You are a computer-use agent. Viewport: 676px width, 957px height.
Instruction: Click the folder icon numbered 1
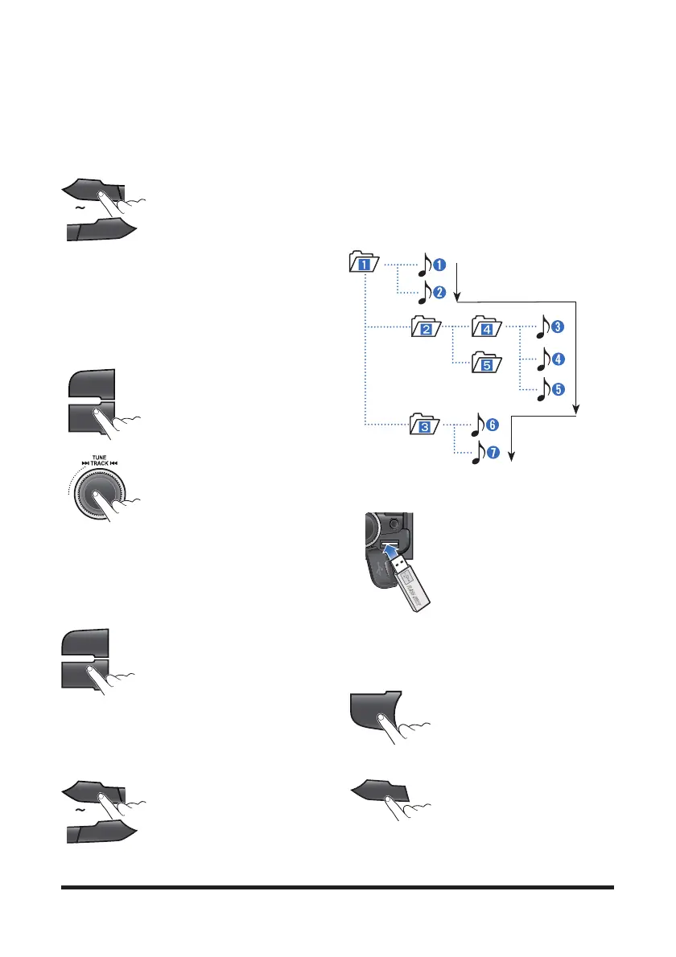(365, 262)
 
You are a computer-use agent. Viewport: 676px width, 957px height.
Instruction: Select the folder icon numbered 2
(425, 327)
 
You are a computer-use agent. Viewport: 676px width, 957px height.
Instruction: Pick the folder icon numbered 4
(487, 327)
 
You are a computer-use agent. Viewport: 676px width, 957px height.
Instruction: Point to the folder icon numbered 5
(487, 361)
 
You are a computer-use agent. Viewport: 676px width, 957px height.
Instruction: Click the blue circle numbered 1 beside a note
(440, 263)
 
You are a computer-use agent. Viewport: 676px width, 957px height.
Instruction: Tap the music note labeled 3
(545, 327)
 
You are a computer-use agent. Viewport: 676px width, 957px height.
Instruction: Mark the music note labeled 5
(545, 390)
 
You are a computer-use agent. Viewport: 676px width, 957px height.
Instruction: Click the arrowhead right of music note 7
(513, 456)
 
